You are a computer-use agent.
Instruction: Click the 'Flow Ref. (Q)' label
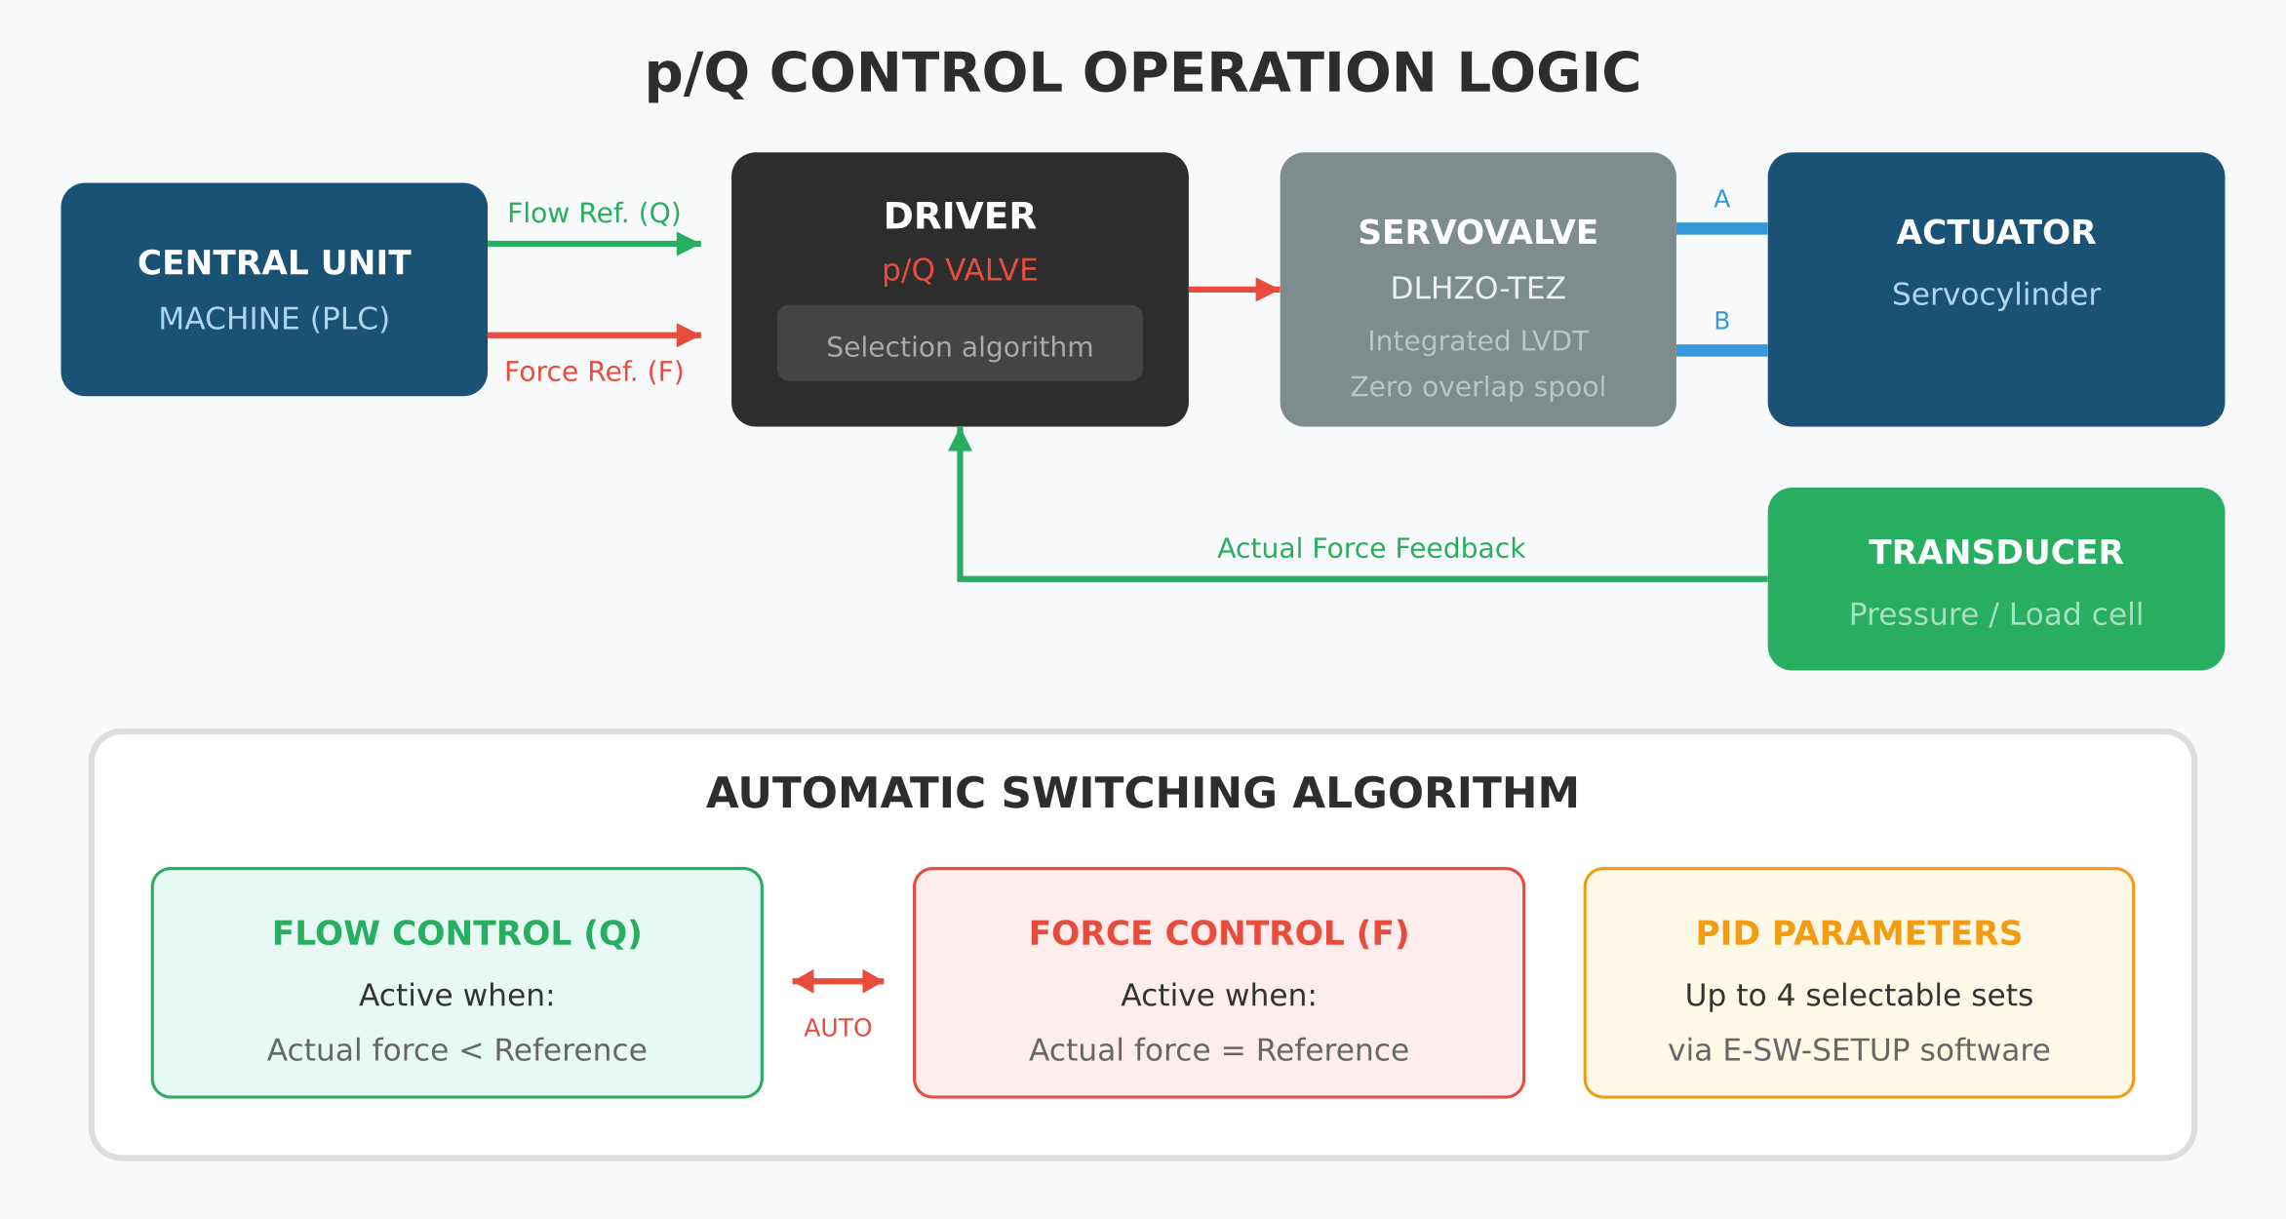coord(594,213)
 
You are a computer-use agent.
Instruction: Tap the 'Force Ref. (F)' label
coord(594,372)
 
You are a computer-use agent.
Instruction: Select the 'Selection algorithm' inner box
coord(960,343)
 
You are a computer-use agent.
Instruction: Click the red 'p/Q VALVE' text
coord(960,270)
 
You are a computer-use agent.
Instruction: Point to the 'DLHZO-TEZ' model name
coord(1478,289)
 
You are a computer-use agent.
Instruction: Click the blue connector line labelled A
coord(1721,228)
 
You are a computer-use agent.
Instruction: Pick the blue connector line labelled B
coord(1721,350)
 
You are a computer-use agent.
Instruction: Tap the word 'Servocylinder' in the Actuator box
coord(1995,295)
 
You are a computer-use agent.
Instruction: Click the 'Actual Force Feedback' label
coord(1370,548)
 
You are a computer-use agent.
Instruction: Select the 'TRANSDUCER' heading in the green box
coord(1995,553)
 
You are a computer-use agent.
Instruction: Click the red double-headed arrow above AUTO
coord(838,981)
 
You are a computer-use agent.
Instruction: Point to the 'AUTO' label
coord(838,1028)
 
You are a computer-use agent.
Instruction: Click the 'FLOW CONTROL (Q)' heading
coord(456,933)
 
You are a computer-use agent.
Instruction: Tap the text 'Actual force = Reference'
coord(1218,1050)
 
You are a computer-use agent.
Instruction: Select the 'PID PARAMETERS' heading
coord(1859,933)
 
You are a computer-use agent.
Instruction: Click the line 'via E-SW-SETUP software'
coord(1859,1050)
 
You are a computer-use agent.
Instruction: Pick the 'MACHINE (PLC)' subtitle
coord(274,319)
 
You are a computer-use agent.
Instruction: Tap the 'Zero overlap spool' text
coord(1478,387)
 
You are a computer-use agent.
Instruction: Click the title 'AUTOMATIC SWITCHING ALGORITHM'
coord(1142,793)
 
